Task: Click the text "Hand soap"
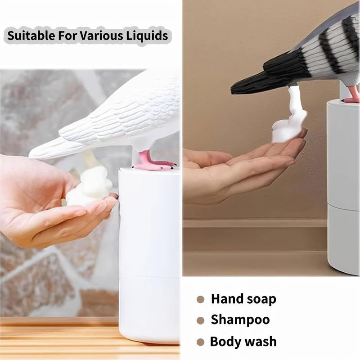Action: tap(243, 299)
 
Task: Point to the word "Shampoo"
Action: tap(240, 320)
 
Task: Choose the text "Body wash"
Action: tap(243, 342)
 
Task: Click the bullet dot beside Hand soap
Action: tap(201, 299)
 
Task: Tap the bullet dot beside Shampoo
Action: tap(201, 321)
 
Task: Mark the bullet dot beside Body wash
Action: tap(201, 342)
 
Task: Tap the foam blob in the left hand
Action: tap(89, 187)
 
